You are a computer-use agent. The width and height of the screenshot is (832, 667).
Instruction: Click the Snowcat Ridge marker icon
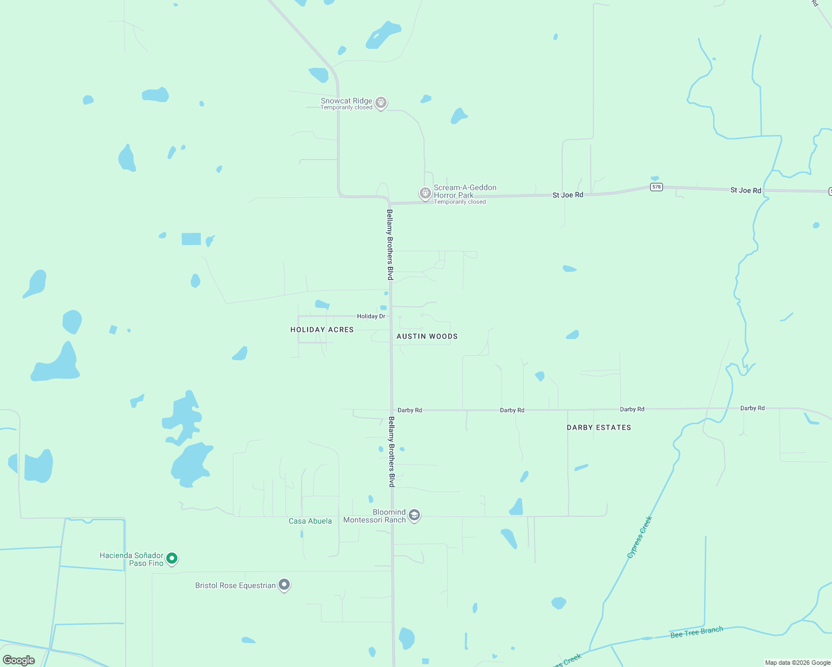381,102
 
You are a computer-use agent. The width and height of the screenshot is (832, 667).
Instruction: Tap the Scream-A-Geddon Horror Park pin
425,193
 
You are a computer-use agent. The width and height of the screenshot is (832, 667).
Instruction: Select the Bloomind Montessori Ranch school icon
414,515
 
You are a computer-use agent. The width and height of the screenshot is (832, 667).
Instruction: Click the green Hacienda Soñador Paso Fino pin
172,558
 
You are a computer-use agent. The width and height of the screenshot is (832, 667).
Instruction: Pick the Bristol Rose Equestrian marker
284,585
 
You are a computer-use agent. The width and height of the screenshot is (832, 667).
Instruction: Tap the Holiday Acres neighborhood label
322,330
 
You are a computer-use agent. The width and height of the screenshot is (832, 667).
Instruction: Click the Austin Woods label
427,336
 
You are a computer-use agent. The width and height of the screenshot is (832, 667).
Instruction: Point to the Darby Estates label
599,427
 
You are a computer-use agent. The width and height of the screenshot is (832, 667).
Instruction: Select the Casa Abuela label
310,521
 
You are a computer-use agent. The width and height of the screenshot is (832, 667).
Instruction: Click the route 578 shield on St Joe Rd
656,187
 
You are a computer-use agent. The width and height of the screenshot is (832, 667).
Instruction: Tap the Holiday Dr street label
371,316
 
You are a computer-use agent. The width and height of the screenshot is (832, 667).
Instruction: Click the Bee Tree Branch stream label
696,632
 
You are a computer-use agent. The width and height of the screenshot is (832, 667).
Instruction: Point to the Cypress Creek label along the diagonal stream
640,537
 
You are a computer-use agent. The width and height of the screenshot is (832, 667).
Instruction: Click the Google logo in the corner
19,660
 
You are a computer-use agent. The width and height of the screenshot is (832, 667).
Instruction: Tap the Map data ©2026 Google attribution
798,663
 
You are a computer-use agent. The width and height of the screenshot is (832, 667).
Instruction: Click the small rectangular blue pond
191,239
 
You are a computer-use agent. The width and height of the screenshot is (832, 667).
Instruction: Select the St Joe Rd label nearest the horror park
568,195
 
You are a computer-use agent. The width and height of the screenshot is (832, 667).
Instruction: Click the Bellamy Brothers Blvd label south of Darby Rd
392,452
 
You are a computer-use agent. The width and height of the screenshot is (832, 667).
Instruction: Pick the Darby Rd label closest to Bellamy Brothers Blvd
410,410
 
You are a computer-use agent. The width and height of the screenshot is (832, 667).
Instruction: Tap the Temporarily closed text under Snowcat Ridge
346,108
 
